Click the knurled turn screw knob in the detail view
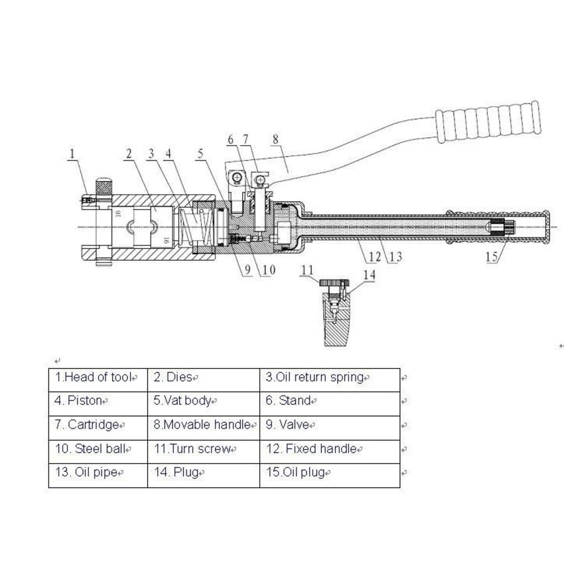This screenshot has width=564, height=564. (329, 282)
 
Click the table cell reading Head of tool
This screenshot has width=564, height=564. (98, 378)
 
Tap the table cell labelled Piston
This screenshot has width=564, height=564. (98, 401)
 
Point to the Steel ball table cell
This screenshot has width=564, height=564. (98, 449)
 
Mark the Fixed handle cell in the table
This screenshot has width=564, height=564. (315, 449)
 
